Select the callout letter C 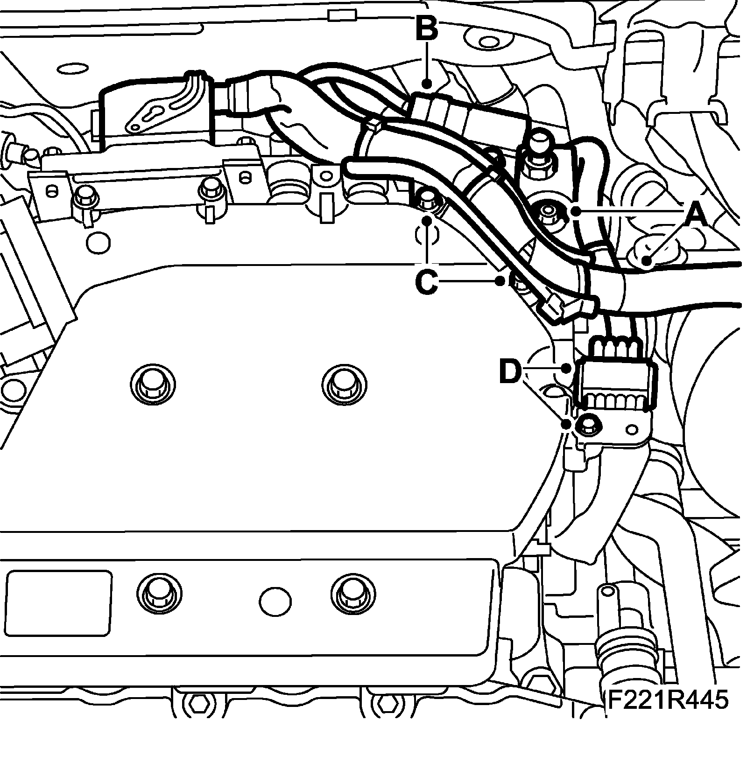[x=426, y=282]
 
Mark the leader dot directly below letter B [x=427, y=85]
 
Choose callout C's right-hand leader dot [x=500, y=280]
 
